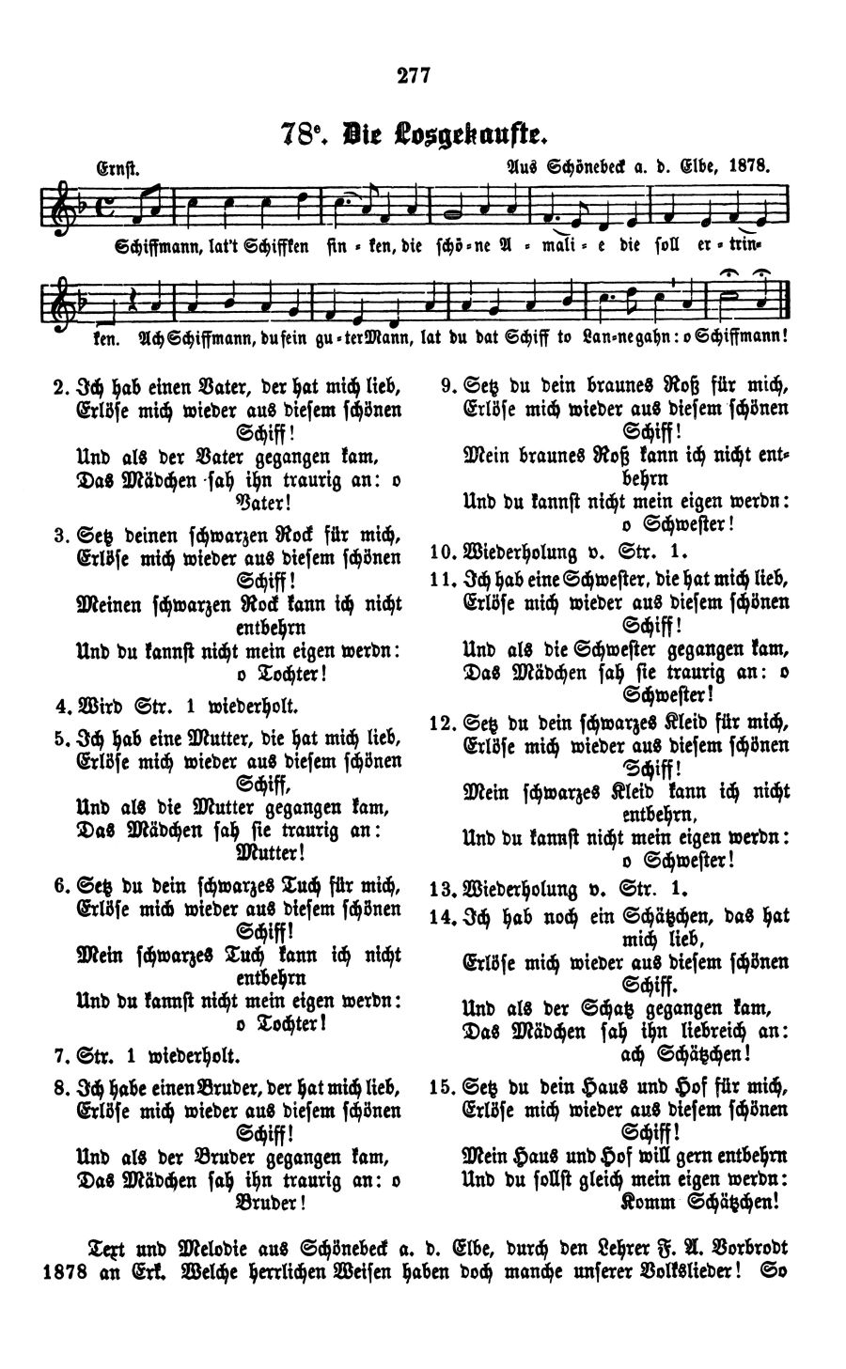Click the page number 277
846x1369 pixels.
413,76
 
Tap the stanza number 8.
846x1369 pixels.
58,1088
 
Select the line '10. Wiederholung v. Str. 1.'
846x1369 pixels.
558,550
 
